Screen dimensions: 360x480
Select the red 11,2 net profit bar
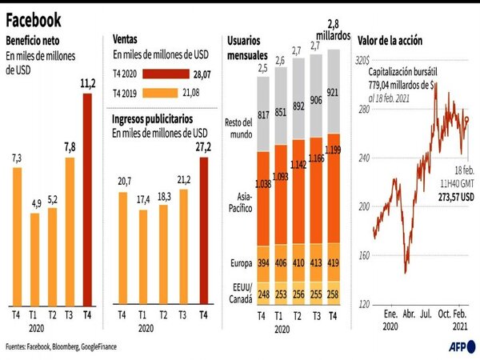tap(87, 199)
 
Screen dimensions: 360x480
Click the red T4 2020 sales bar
tap(151, 74)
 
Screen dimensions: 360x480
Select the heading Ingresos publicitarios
tap(158, 119)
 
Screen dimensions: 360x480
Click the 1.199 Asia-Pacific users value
tap(334, 174)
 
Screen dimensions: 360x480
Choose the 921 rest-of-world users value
tap(334, 94)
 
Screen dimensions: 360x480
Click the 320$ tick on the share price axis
tap(362, 60)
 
